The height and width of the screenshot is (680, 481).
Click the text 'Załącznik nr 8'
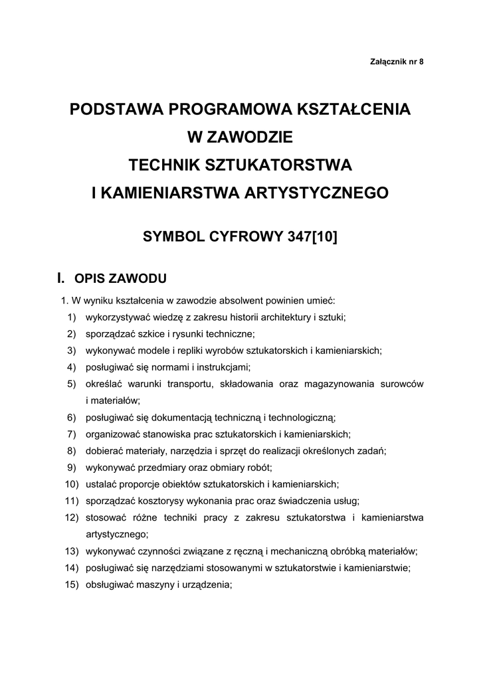[396, 62]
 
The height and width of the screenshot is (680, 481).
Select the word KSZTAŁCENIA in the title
[356, 110]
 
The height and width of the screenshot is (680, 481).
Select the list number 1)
[71, 317]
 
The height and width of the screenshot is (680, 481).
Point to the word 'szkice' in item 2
[150, 333]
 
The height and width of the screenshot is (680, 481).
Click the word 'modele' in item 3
[152, 350]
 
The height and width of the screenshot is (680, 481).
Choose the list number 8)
[71, 450]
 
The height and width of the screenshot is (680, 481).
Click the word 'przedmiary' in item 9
[158, 467]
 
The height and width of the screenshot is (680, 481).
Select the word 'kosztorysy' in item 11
[157, 500]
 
